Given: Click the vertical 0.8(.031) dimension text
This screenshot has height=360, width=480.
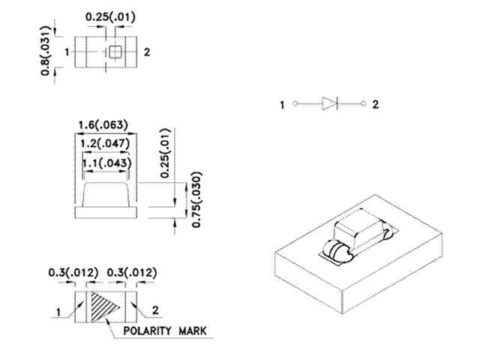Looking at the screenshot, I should pyautogui.click(x=46, y=55).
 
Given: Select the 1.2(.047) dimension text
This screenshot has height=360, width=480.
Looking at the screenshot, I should pyautogui.click(x=105, y=144).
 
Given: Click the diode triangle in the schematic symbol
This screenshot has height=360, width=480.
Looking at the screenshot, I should pyautogui.click(x=330, y=104).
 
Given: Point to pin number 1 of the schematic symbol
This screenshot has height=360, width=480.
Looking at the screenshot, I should pyautogui.click(x=283, y=105).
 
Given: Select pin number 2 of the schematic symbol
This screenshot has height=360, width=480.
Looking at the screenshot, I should pyautogui.click(x=375, y=104).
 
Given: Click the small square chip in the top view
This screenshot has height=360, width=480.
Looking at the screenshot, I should pyautogui.click(x=116, y=52).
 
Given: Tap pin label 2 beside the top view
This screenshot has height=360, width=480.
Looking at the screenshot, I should pyautogui.click(x=147, y=52).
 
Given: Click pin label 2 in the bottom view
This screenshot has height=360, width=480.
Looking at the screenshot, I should pyautogui.click(x=155, y=308).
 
